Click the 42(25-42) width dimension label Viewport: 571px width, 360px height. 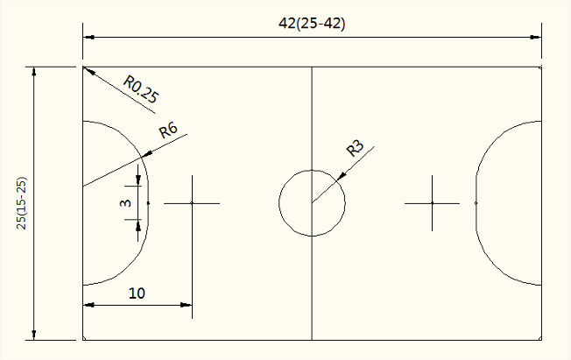[x=312, y=24]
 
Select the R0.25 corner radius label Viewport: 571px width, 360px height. [x=140, y=90]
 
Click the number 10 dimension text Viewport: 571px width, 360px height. [x=137, y=293]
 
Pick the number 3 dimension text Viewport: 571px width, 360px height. [x=125, y=202]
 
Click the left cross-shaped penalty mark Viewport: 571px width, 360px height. [x=192, y=203]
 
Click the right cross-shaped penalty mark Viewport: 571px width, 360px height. [x=432, y=203]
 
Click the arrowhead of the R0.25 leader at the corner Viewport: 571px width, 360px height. [x=88, y=72]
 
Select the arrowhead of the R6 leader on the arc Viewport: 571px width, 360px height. [x=144, y=159]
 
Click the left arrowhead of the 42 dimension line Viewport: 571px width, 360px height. [x=88, y=38]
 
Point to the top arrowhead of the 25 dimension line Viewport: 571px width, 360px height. [x=34, y=72]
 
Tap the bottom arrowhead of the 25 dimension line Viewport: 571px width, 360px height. [x=34, y=334]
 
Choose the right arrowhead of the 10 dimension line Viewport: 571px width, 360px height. [x=187, y=305]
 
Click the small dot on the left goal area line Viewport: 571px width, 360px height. [x=149, y=203]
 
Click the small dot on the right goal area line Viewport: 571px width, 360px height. [x=476, y=203]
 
